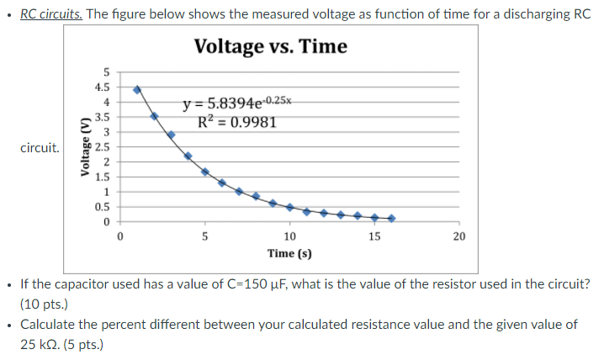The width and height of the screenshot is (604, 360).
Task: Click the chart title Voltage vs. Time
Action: point(270,46)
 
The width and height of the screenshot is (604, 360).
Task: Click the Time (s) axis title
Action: point(289,252)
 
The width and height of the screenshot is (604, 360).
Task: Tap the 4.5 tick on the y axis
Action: point(101,87)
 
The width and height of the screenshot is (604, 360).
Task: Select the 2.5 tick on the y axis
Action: point(101,146)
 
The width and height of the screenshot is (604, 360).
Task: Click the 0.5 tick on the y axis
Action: point(101,206)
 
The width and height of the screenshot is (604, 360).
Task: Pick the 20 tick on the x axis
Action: point(458,236)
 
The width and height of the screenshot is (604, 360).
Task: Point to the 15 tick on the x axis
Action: point(374,236)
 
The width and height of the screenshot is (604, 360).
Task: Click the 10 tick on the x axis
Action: point(289,236)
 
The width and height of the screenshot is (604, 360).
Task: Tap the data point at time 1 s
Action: point(137,89)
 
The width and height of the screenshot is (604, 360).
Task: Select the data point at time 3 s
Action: point(171,135)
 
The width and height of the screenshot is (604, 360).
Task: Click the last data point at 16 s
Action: point(391,219)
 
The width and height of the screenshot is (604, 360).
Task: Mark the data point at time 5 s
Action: point(205,172)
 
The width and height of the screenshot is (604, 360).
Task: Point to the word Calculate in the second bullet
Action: point(48,325)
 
